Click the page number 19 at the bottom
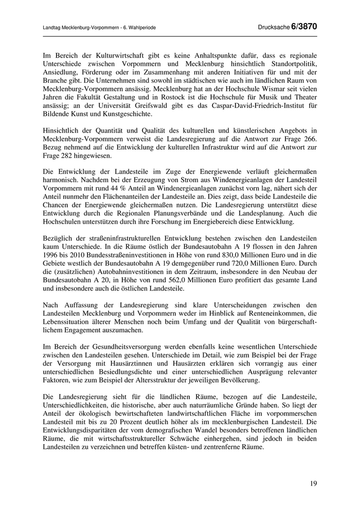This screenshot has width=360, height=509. (314, 483)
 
